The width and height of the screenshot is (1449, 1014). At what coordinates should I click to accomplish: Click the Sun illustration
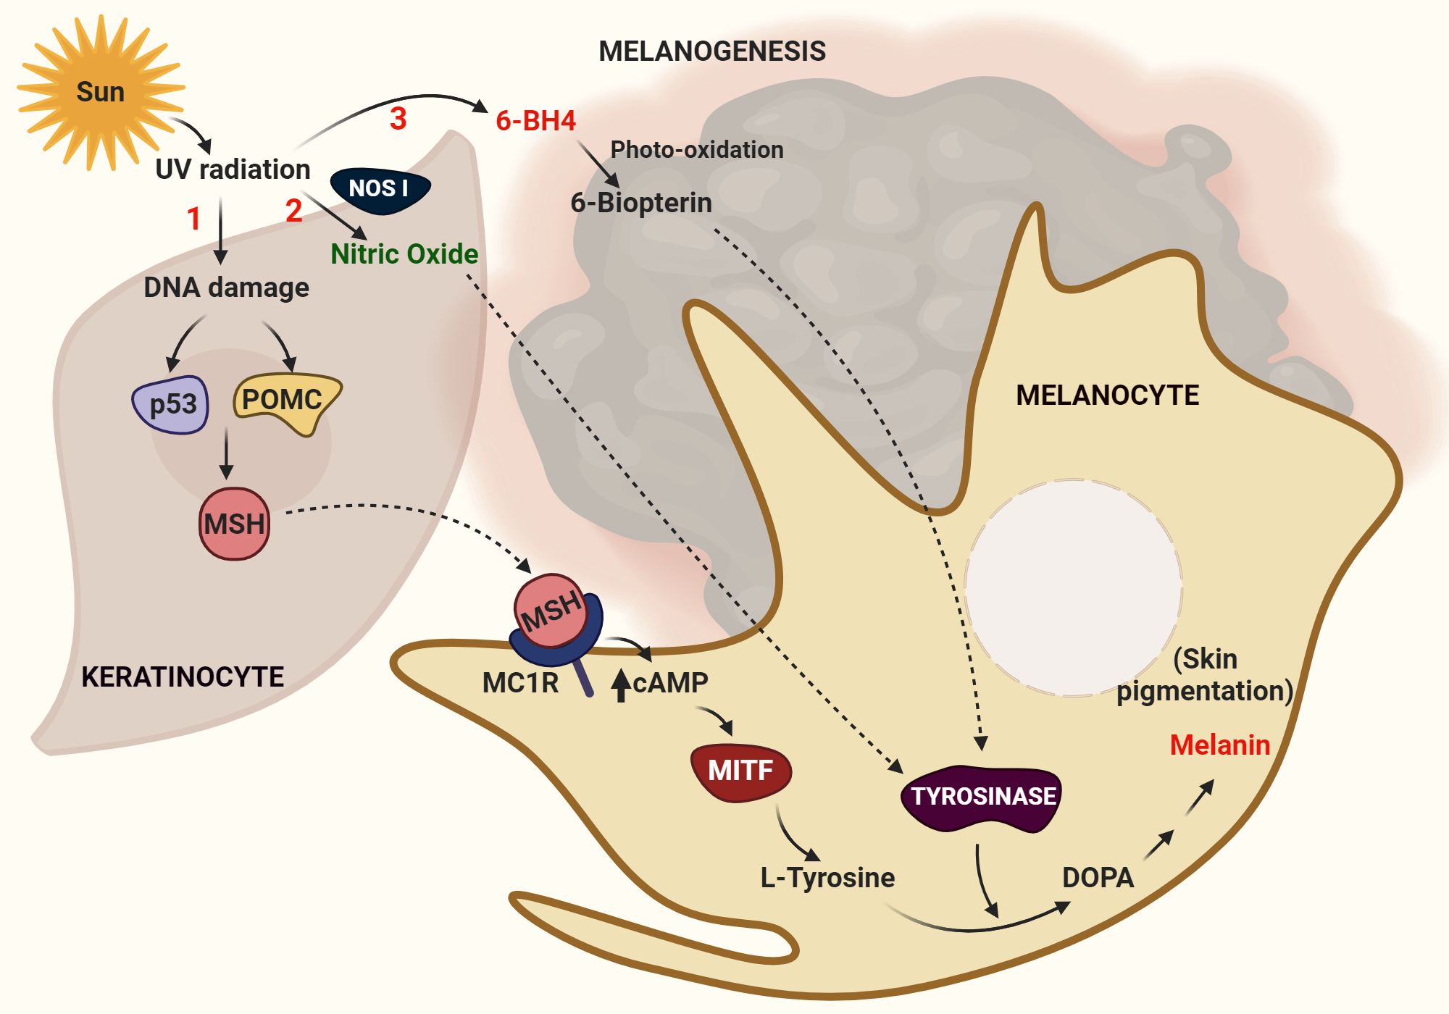pyautogui.click(x=100, y=92)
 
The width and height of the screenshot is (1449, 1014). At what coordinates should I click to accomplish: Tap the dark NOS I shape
pyautogui.click(x=380, y=190)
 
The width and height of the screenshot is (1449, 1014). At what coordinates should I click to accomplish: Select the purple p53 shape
pyautogui.click(x=172, y=404)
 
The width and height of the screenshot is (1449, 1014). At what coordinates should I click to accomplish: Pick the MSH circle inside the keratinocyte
pyautogui.click(x=234, y=524)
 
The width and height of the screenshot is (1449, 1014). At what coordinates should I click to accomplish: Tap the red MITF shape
pyautogui.click(x=740, y=771)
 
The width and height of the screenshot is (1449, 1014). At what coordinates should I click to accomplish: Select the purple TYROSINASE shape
pyautogui.click(x=982, y=797)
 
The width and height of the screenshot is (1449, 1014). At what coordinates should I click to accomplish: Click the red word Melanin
pyautogui.click(x=1220, y=745)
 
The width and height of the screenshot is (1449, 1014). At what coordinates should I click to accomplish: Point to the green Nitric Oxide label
pyautogui.click(x=404, y=254)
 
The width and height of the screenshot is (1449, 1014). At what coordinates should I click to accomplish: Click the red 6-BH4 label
pyautogui.click(x=535, y=121)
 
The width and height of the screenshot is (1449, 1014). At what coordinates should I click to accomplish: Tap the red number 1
pyautogui.click(x=193, y=219)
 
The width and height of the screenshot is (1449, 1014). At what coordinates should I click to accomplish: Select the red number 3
pyautogui.click(x=398, y=119)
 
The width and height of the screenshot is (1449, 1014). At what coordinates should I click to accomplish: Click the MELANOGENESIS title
pyautogui.click(x=712, y=51)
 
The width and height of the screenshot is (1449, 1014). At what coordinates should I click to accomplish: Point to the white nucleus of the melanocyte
pyautogui.click(x=1074, y=587)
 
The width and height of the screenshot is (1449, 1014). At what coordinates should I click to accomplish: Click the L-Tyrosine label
pyautogui.click(x=827, y=878)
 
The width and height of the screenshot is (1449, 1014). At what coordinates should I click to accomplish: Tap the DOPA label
pyautogui.click(x=1098, y=878)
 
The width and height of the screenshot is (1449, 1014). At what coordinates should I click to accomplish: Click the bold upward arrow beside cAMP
pyautogui.click(x=620, y=685)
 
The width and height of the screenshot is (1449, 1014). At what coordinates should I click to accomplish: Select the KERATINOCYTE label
pyautogui.click(x=183, y=677)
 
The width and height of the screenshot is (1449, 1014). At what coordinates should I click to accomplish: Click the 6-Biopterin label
pyautogui.click(x=641, y=203)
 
